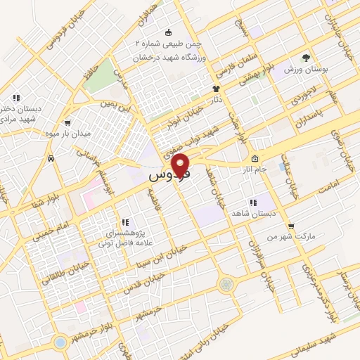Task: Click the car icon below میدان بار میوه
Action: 51,158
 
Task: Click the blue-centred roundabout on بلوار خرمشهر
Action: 60,342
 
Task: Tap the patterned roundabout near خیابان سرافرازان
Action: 225,284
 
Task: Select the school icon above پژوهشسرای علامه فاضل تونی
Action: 124,222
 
